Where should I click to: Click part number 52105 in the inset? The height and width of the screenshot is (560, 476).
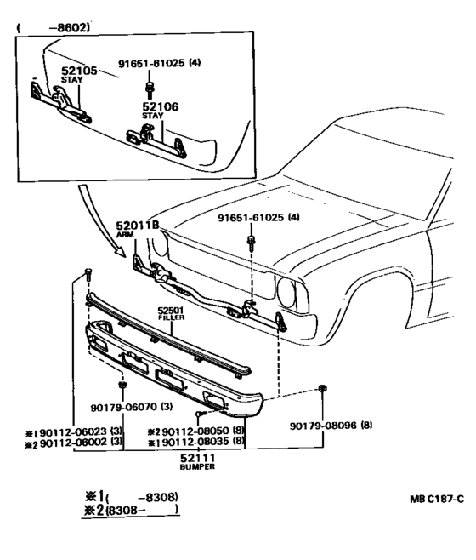pos(79,71)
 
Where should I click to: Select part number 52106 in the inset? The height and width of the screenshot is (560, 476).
pos(160,106)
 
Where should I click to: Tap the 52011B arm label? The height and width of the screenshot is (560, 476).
pos(138,226)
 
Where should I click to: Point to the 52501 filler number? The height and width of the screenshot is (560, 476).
pos(171,311)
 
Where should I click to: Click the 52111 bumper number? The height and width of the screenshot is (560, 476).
pos(197,458)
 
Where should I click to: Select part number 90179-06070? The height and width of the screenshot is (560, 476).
pos(123,407)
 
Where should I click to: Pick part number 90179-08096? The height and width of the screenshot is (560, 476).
pos(323,426)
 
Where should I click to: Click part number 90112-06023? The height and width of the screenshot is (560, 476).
pos(73,431)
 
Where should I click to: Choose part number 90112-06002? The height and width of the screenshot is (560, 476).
pos(73,443)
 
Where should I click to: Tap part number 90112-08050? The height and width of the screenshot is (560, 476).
pos(195,431)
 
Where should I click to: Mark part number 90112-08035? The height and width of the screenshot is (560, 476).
pos(195,442)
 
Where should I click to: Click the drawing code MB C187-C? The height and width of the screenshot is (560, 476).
pos(437,499)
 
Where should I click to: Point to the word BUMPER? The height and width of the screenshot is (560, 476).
pos(197,466)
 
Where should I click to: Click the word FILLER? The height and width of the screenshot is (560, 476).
pos(171,317)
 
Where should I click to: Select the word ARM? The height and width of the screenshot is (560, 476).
pos(125,235)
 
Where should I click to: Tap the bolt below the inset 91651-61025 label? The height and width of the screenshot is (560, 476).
pos(149,90)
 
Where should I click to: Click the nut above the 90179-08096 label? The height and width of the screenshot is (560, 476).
pos(322,388)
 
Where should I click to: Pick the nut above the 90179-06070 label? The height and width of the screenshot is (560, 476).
pos(122,385)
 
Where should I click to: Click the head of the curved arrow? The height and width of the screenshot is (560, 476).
pos(121,252)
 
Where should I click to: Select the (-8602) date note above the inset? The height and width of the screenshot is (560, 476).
pos(53,28)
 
